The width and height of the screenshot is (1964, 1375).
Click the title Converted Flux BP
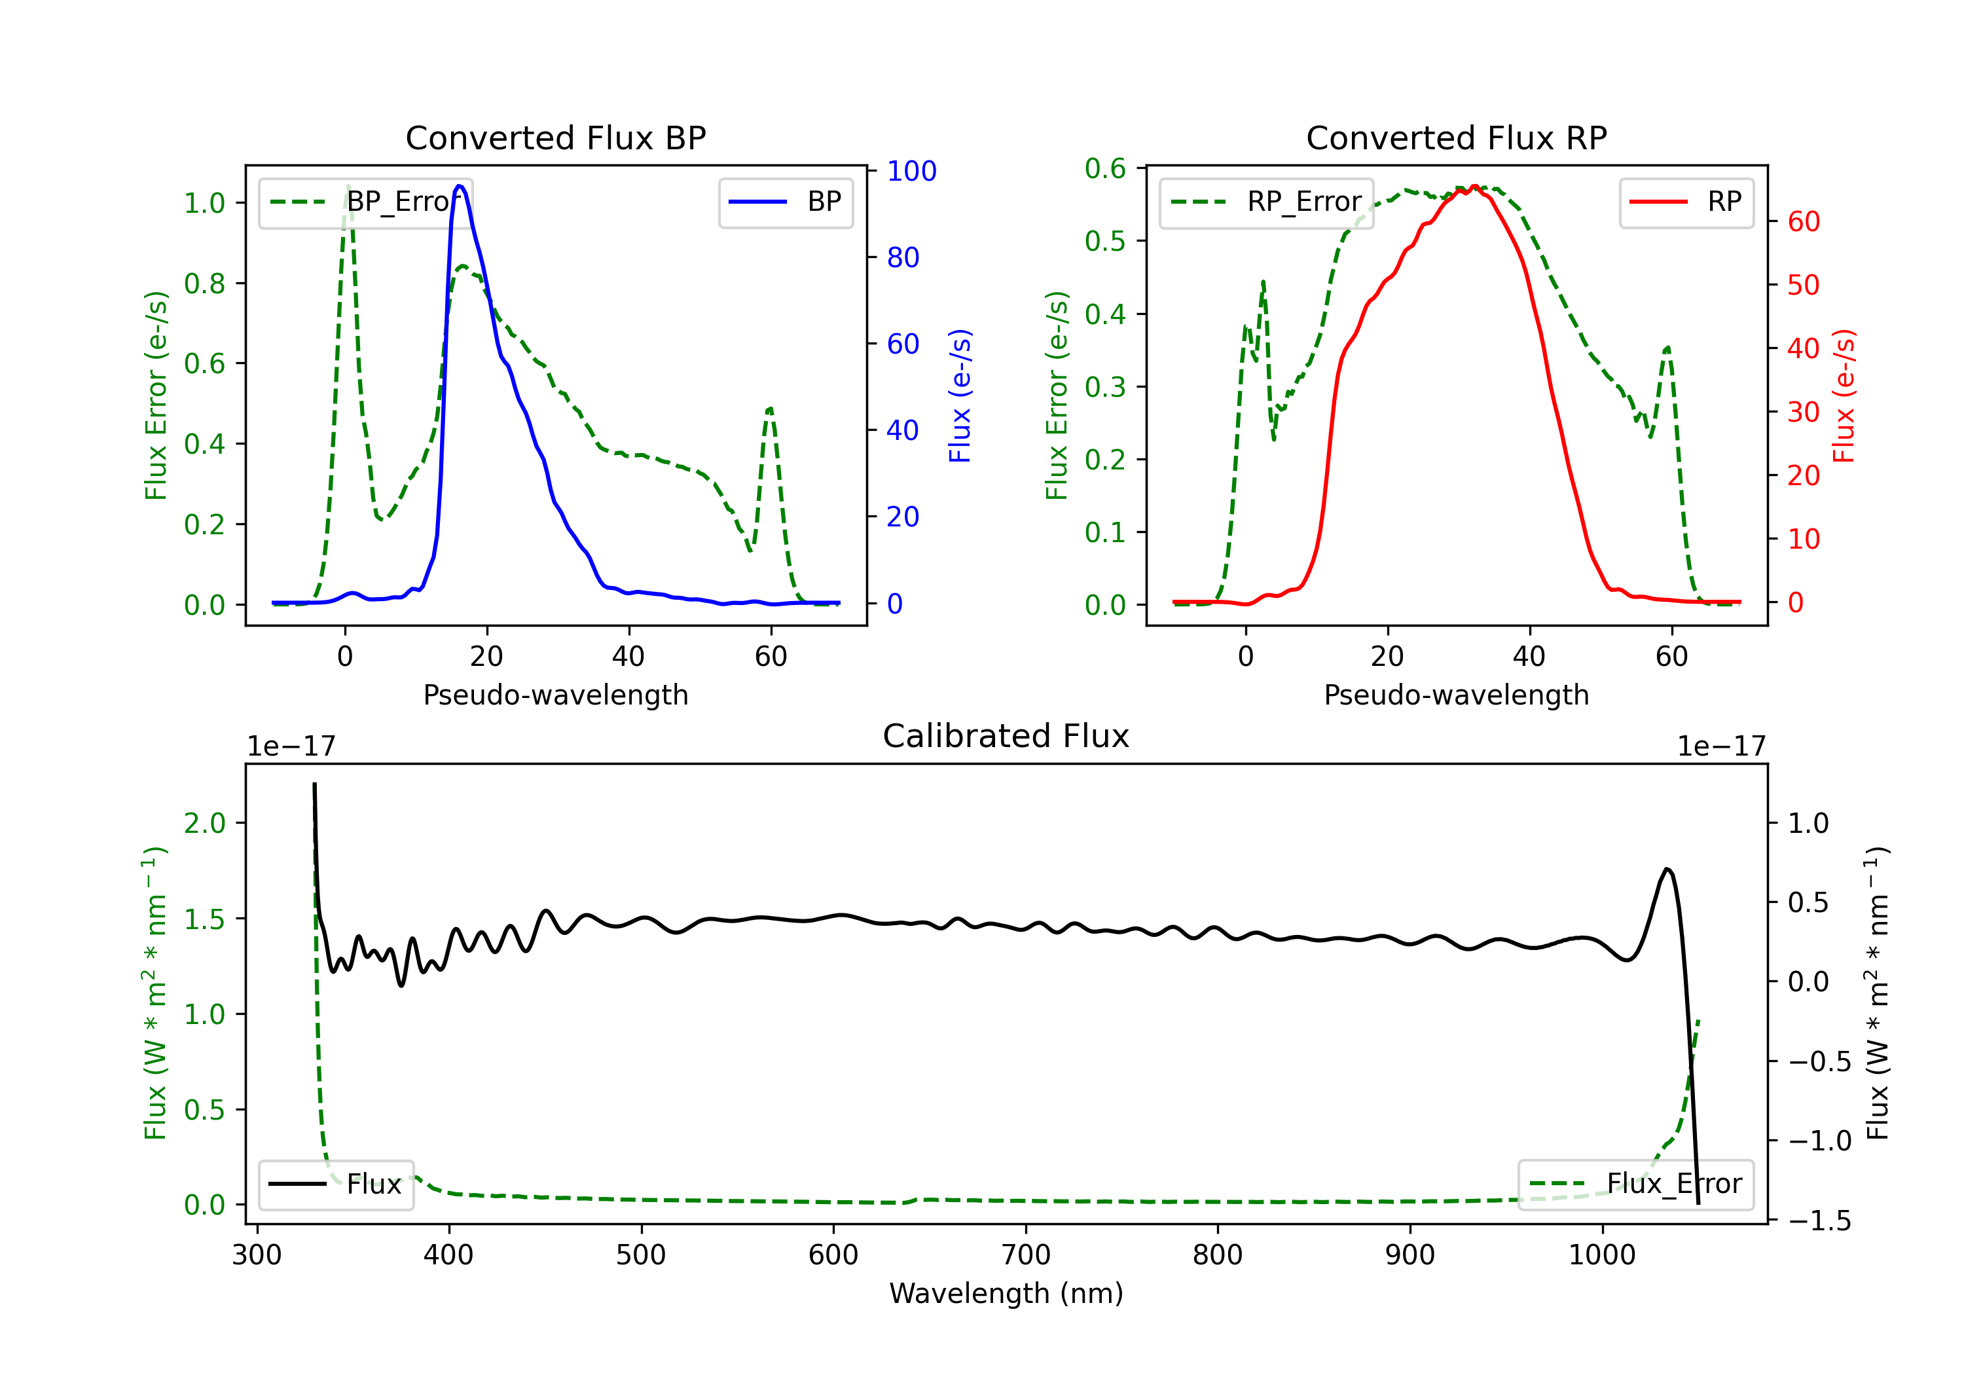[x=555, y=137]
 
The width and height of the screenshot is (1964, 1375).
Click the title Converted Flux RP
[x=1456, y=137]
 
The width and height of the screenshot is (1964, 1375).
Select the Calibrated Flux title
[x=1006, y=736]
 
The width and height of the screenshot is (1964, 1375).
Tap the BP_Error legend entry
[x=365, y=202]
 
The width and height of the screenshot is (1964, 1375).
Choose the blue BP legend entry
[x=785, y=202]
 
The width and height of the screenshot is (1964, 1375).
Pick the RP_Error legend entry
[x=1266, y=202]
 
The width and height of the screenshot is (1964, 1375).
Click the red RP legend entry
[x=1685, y=202]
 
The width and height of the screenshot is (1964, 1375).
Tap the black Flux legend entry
[x=335, y=1184]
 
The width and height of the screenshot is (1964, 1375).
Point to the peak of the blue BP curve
[x=460, y=186]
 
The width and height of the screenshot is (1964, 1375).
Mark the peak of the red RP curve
[x=1475, y=186]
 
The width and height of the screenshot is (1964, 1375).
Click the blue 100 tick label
[x=912, y=171]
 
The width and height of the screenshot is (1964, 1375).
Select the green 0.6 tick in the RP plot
[x=1105, y=168]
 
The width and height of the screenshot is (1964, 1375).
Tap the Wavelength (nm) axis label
[x=1006, y=1294]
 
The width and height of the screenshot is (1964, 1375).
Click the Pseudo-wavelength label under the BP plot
[x=555, y=695]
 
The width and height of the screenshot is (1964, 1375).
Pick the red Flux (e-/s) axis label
[x=1844, y=396]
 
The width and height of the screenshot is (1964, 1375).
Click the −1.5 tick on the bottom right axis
[x=1819, y=1221]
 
